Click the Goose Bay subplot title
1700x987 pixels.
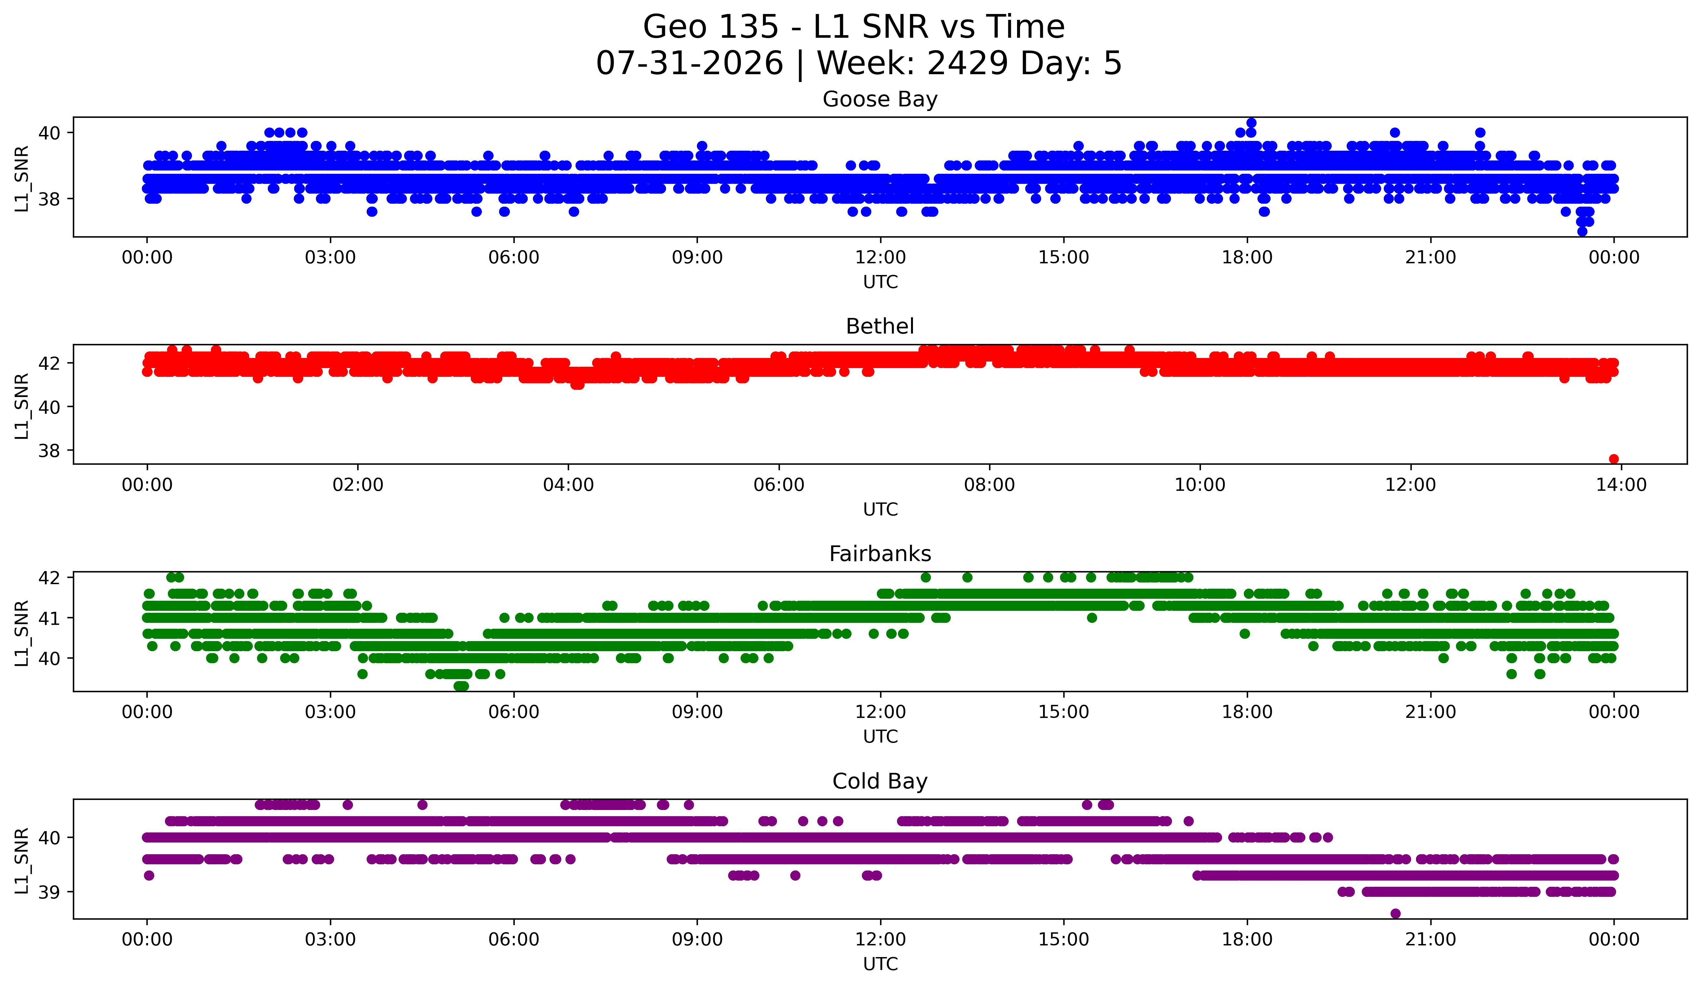tap(880, 99)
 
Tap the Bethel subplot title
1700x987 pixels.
tap(880, 326)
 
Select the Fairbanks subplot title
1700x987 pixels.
tap(880, 554)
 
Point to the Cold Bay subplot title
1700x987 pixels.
tap(880, 781)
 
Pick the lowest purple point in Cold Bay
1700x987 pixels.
tap(1395, 913)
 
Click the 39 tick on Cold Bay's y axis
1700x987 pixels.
tap(49, 892)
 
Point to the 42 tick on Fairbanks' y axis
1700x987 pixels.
tap(49, 578)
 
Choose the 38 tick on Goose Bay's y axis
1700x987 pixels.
tap(49, 199)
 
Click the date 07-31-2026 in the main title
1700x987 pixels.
tap(689, 63)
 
